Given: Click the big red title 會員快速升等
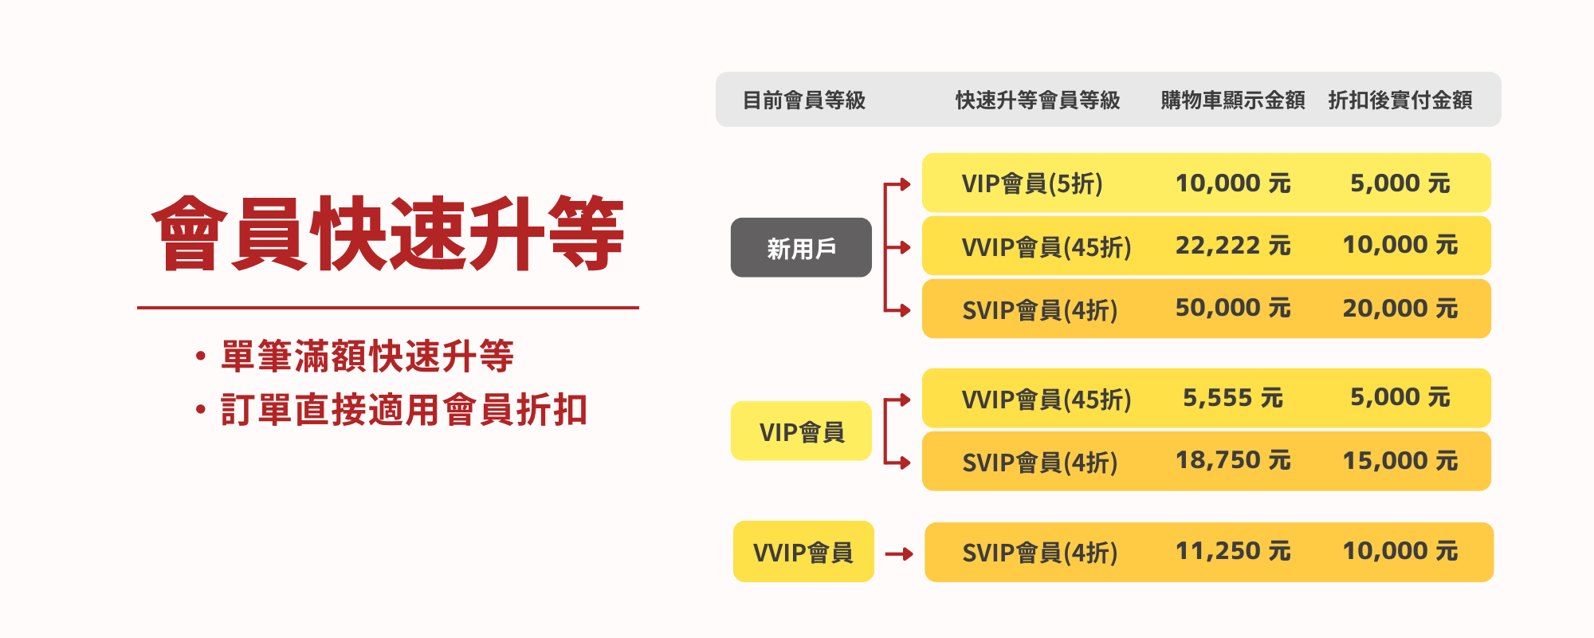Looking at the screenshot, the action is pyautogui.click(x=388, y=233).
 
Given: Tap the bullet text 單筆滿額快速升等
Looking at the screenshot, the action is pyautogui.click(x=367, y=356).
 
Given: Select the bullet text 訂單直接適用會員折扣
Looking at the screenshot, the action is pyautogui.click(x=404, y=410).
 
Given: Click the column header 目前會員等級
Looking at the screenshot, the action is pyautogui.click(x=804, y=100).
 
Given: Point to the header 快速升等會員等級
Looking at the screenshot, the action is pyautogui.click(x=1038, y=100).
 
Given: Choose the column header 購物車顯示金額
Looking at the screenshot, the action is pyautogui.click(x=1233, y=100).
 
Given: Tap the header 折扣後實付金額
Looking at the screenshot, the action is pyautogui.click(x=1400, y=100).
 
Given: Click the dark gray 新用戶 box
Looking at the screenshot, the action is pyautogui.click(x=801, y=247).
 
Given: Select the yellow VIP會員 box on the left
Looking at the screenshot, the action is pyautogui.click(x=801, y=431).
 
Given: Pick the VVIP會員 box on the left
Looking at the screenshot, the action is pyautogui.click(x=803, y=551).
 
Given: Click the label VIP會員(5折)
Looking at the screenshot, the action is pyautogui.click(x=1032, y=183).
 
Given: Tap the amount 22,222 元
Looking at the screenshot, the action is pyautogui.click(x=1233, y=246).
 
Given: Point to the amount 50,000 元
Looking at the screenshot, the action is pyautogui.click(x=1233, y=308).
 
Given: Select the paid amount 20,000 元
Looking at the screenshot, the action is pyautogui.click(x=1400, y=309).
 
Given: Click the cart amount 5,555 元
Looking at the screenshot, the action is pyautogui.click(x=1233, y=397).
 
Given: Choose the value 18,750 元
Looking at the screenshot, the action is pyautogui.click(x=1233, y=460).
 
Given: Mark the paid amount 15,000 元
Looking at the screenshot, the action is pyautogui.click(x=1400, y=461).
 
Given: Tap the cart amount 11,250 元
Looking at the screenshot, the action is pyautogui.click(x=1233, y=551).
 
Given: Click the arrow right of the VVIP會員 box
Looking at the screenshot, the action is pyautogui.click(x=899, y=553).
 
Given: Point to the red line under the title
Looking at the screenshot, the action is pyautogui.click(x=388, y=307).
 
